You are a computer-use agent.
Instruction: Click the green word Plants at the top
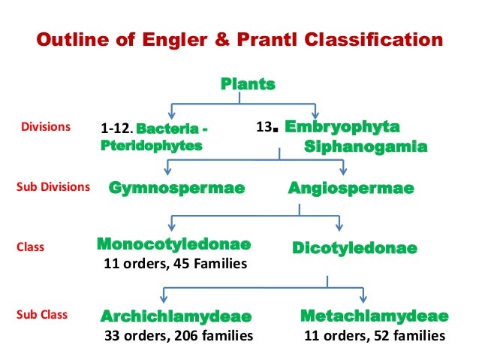248,83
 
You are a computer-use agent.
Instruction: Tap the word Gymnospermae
176,188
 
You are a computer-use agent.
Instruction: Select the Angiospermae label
351,188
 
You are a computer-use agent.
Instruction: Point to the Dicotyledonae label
354,247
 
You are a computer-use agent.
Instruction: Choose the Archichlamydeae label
176,316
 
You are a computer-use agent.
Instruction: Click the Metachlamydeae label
374,316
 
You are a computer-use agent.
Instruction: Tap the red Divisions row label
45,127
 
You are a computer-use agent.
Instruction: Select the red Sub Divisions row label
53,186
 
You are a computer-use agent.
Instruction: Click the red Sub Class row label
44,315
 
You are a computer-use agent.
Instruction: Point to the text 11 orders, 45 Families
173,264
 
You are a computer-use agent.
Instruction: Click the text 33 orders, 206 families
177,335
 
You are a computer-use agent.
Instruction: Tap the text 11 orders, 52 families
374,335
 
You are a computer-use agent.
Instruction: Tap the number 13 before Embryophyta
264,128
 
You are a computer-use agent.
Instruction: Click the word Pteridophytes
151,146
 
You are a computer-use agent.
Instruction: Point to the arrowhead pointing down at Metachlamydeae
363,300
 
